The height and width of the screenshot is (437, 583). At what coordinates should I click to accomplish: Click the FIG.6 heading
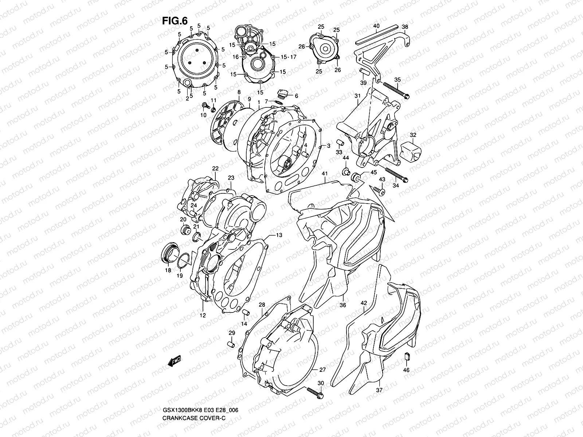pyautogui.click(x=175, y=21)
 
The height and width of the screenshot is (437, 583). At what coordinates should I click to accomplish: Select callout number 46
pyautogui.click(x=407, y=370)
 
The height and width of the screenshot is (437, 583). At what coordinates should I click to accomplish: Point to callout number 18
pyautogui.click(x=168, y=271)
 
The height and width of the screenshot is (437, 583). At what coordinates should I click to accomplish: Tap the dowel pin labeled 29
pyautogui.click(x=230, y=343)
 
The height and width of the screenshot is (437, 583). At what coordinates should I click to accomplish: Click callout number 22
pyautogui.click(x=215, y=168)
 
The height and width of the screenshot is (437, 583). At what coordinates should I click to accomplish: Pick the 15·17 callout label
pyautogui.click(x=289, y=58)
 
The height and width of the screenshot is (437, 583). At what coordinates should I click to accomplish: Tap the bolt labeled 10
pyautogui.click(x=205, y=106)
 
